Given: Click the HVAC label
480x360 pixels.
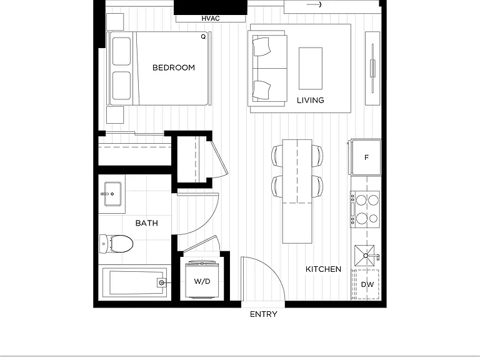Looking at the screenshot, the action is (x=211, y=18).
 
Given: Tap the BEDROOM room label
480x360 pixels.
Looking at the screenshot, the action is (x=174, y=67).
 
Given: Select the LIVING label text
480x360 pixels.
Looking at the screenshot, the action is (x=311, y=100).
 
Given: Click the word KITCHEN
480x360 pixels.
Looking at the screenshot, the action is (x=323, y=269).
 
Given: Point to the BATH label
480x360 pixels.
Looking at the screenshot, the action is (x=147, y=223).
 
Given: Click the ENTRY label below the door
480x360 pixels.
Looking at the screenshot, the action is (x=264, y=314).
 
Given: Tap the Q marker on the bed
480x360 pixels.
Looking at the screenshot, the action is (x=203, y=37).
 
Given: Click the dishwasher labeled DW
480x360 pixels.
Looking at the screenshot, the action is (x=366, y=284).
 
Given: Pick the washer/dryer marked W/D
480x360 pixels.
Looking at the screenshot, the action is (x=202, y=280).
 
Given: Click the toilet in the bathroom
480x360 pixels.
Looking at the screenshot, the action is (x=116, y=244).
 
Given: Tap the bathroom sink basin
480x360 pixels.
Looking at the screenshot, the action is (x=112, y=194).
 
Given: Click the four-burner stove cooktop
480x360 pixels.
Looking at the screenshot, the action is (x=366, y=209).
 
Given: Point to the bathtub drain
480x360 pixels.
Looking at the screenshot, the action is (x=162, y=283).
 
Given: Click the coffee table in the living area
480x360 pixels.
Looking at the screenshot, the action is (x=311, y=68).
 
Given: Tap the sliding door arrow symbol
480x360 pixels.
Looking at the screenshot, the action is (x=314, y=4).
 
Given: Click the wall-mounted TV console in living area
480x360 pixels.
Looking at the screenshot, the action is (x=372, y=68).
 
